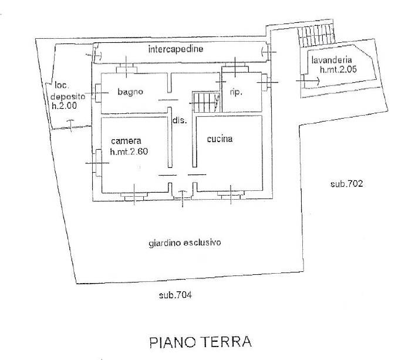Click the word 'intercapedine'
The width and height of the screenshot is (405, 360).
point(176,50)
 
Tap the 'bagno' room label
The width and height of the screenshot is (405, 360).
point(130,92)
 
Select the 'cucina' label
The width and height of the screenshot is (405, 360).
point(220,139)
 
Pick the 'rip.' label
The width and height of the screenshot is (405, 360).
point(236,92)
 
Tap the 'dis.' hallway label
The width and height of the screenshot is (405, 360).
point(179,120)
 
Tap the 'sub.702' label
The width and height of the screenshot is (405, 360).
point(346,184)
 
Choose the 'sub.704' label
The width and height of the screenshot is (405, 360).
point(175,295)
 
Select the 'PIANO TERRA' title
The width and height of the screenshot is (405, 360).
point(200,341)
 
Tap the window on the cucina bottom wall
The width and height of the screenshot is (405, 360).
point(230,194)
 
